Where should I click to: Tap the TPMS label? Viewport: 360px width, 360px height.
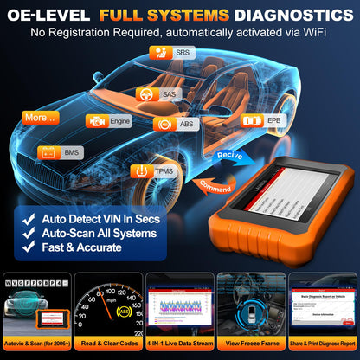(x=159, y=172)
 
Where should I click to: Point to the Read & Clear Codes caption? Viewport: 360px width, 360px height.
(x=107, y=344)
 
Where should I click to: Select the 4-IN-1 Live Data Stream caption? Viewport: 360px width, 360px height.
(x=179, y=344)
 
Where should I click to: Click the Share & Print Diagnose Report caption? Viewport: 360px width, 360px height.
(x=322, y=344)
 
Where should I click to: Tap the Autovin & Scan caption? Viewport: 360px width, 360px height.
(x=36, y=344)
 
